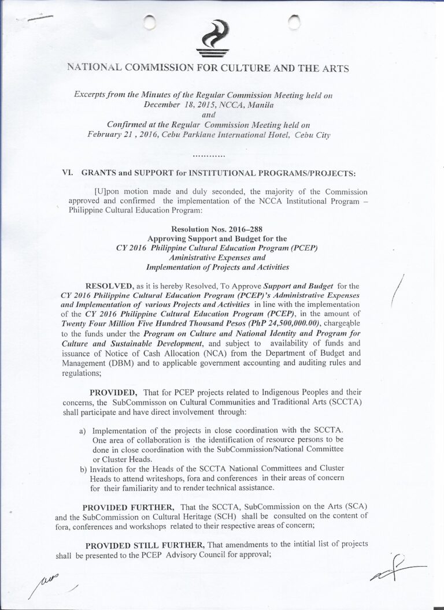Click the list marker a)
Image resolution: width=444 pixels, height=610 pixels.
[x=83, y=431]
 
